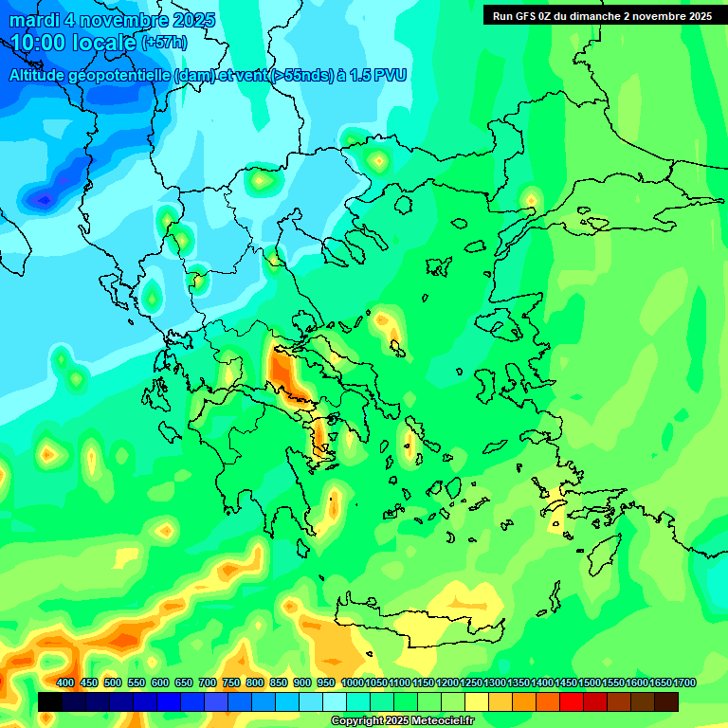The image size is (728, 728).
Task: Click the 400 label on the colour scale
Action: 65,682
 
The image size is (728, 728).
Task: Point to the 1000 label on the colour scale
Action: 353,682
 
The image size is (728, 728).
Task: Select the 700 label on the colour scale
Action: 208,682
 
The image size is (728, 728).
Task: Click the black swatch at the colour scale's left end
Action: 51,701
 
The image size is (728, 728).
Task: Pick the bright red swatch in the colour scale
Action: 572,701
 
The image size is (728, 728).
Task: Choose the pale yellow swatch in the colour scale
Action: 477,701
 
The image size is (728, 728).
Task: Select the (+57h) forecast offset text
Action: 164,44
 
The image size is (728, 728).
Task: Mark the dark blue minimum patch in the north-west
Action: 43,198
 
